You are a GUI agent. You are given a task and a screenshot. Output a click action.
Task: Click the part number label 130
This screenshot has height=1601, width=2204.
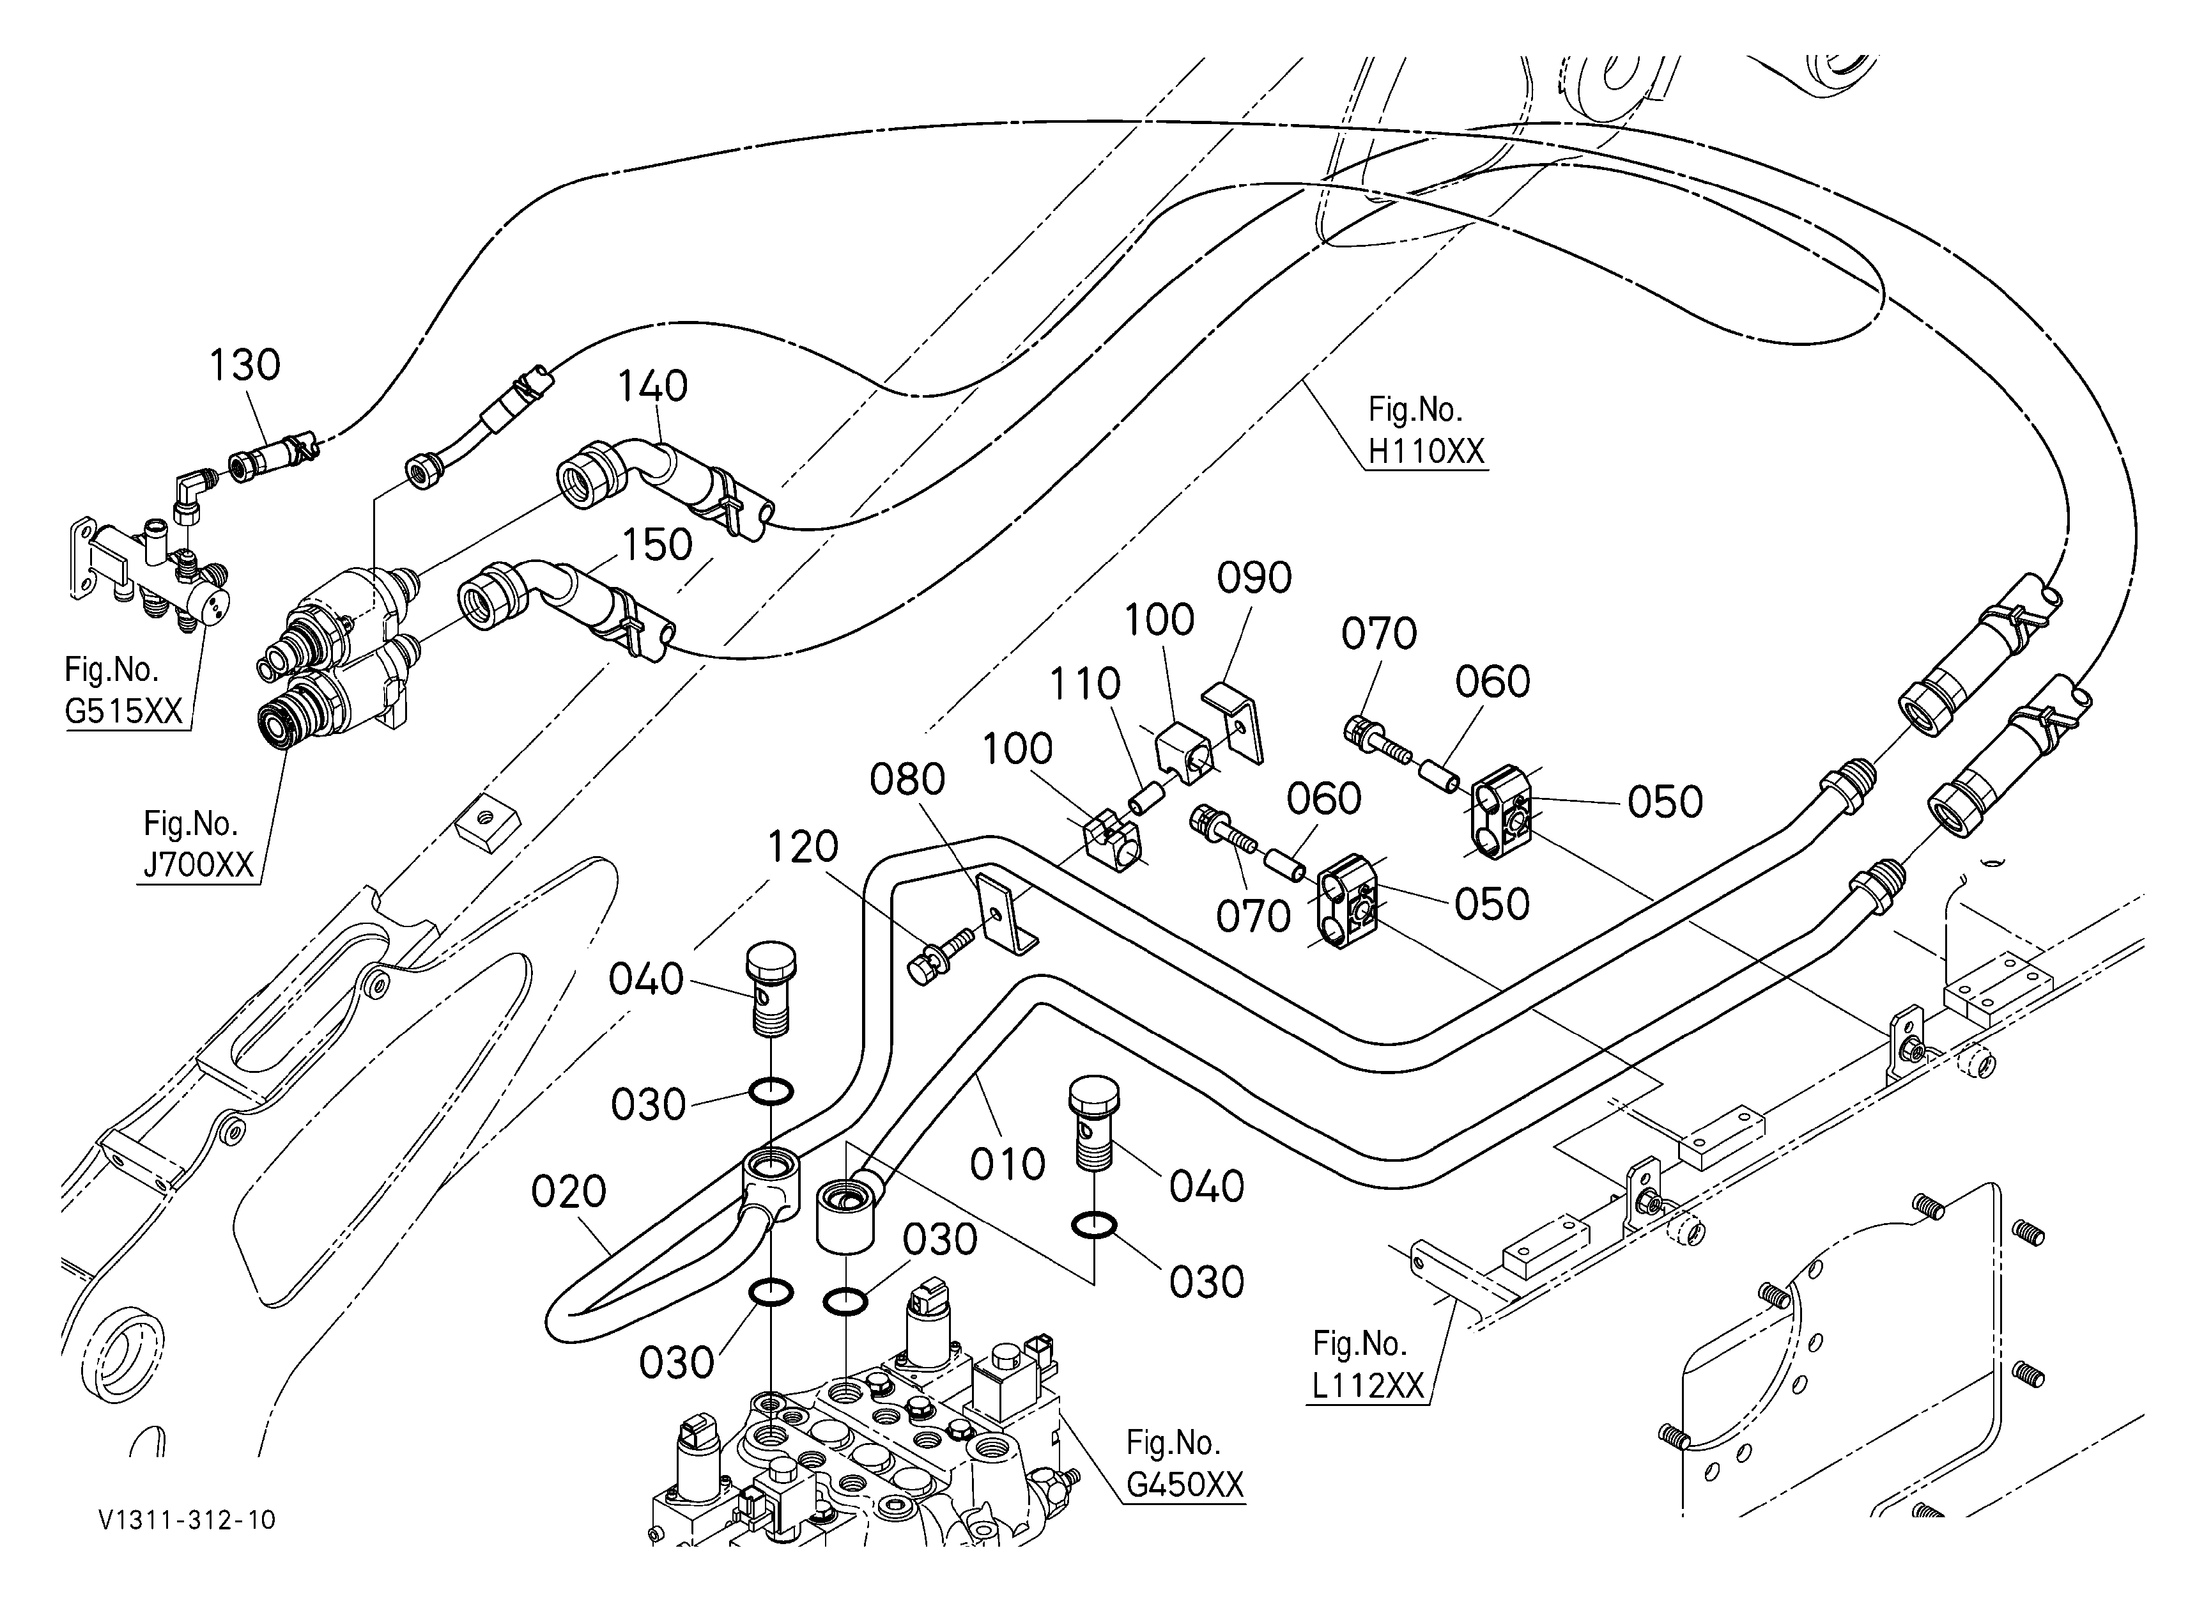click(x=245, y=366)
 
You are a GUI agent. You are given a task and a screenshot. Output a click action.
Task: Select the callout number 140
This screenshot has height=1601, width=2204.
click(x=653, y=387)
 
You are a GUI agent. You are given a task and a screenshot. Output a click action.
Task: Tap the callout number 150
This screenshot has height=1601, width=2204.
click(x=657, y=545)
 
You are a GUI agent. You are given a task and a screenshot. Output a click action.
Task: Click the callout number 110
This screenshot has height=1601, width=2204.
click(x=1084, y=683)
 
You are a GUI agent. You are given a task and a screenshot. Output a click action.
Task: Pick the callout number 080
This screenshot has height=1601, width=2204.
click(x=907, y=779)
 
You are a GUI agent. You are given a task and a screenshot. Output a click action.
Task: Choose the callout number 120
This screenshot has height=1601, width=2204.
click(x=803, y=848)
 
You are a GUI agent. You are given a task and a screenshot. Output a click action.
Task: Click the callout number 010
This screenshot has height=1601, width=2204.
click(x=1008, y=1164)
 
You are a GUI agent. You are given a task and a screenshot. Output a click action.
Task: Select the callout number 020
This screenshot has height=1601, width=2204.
click(x=569, y=1192)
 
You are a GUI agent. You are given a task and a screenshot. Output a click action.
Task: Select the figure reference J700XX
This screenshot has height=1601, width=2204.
click(x=198, y=864)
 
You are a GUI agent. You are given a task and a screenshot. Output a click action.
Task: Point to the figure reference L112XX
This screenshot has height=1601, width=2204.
click(x=1368, y=1385)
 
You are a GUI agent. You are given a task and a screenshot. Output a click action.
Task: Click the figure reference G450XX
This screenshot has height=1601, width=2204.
click(x=1185, y=1485)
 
